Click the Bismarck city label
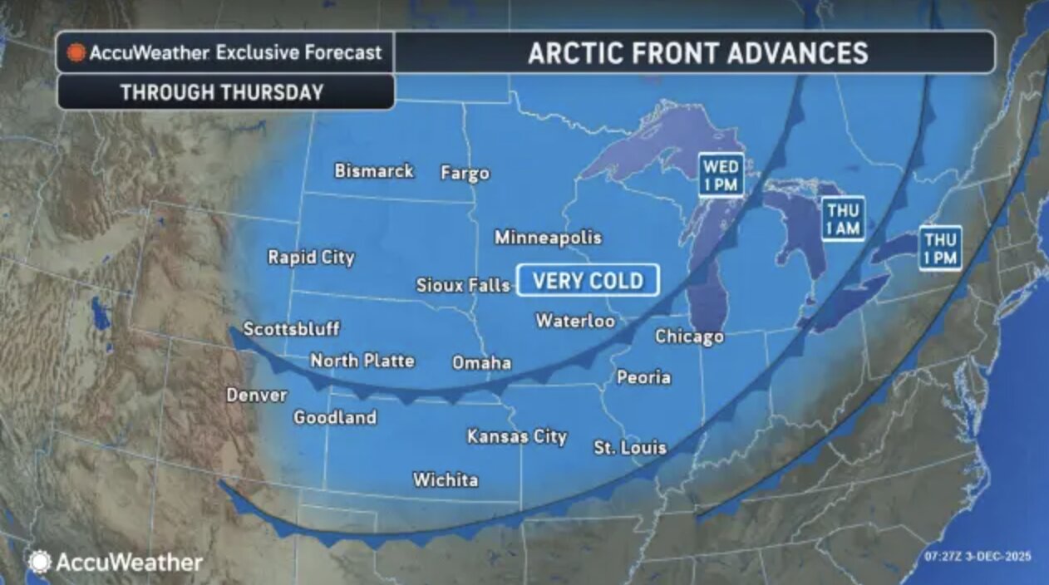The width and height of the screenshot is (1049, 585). (x=373, y=171)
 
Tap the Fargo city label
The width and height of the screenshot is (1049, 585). (x=465, y=174)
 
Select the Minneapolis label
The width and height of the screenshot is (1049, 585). (x=548, y=238)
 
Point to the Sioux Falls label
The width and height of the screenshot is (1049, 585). (x=463, y=286)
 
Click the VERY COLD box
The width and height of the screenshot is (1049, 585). (x=588, y=281)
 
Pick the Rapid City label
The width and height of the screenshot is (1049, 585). (x=311, y=258)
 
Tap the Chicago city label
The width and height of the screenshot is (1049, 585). (x=689, y=337)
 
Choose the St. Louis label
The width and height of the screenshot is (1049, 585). (x=630, y=448)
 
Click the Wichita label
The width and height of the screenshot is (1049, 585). (x=446, y=480)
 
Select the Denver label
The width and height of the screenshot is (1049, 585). (x=257, y=396)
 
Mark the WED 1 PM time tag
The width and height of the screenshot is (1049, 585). (x=720, y=175)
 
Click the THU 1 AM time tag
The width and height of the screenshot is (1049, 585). (x=842, y=219)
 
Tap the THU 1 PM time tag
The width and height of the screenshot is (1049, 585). (x=940, y=248)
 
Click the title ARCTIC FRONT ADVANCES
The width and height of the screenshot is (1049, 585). (x=697, y=53)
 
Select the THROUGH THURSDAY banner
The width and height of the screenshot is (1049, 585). (x=222, y=92)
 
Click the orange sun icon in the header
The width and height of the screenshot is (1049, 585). (x=76, y=53)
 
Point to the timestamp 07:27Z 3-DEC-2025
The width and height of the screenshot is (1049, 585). (x=977, y=556)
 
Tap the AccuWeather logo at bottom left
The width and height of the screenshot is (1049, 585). (x=116, y=563)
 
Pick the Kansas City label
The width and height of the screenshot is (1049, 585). (x=516, y=436)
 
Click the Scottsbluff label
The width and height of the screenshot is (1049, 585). (x=291, y=329)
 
